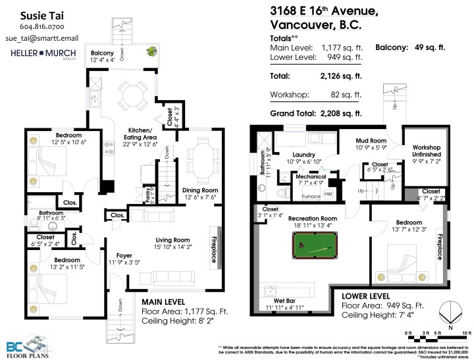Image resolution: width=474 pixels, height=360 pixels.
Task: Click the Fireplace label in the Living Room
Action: click(x=213, y=249)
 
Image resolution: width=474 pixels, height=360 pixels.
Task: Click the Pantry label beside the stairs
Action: click(x=149, y=195)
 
